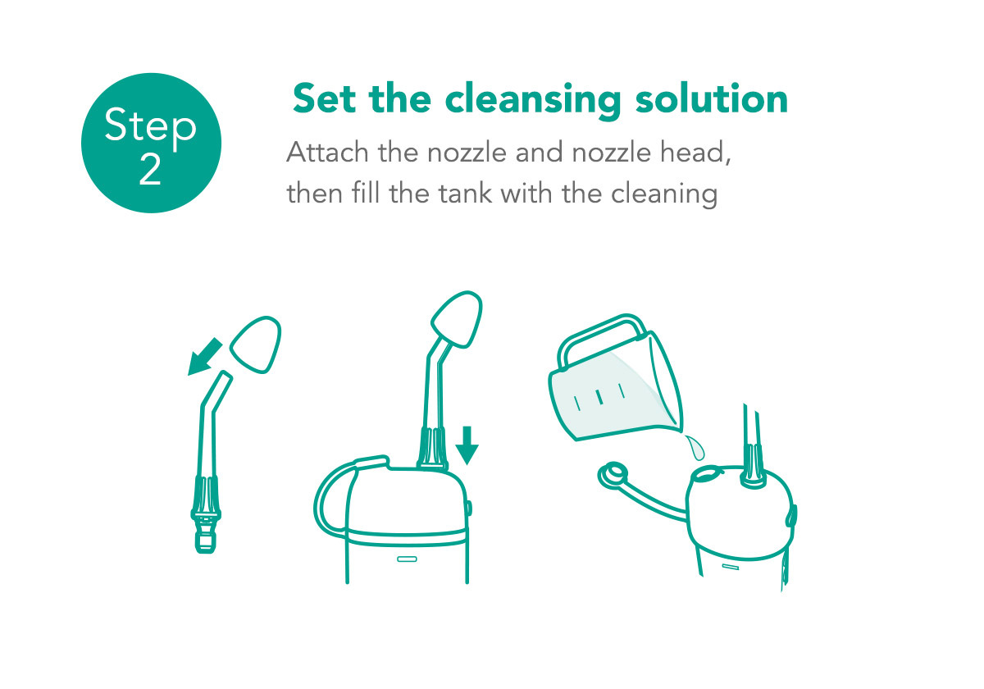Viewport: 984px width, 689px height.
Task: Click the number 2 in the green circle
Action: pos(150,170)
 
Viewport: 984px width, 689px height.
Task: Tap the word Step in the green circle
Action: pos(150,127)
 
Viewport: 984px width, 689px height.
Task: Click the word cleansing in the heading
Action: pos(533,101)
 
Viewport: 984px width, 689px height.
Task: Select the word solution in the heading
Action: pos(712,99)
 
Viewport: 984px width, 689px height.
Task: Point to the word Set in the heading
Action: pos(324,99)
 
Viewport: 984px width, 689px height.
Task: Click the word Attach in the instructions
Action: pos(328,153)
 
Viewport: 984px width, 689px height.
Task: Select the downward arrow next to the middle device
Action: pos(467,445)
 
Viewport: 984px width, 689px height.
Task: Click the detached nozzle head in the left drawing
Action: pos(256,345)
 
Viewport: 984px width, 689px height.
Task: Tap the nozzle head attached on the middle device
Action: pos(457,319)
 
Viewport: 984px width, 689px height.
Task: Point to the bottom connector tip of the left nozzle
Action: pos(205,542)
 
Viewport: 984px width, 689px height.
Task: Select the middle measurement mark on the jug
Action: pos(599,397)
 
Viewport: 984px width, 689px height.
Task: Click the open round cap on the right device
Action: pos(613,477)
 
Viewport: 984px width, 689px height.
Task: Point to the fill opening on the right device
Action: pos(707,474)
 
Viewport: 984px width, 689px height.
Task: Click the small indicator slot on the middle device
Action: pos(407,559)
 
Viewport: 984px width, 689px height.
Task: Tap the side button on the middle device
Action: pos(469,509)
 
